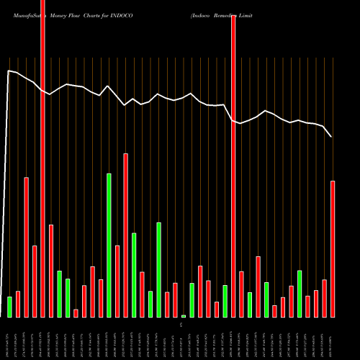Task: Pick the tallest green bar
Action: click(x=109, y=245)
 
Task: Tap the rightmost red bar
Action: click(x=333, y=248)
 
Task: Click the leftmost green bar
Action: click(x=9, y=307)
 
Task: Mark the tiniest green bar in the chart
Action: click(x=184, y=316)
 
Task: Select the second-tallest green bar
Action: click(x=158, y=269)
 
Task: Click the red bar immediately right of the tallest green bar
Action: click(x=117, y=281)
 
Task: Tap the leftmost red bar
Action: click(x=18, y=304)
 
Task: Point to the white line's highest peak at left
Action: click(x=9, y=71)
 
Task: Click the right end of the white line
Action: click(x=332, y=137)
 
